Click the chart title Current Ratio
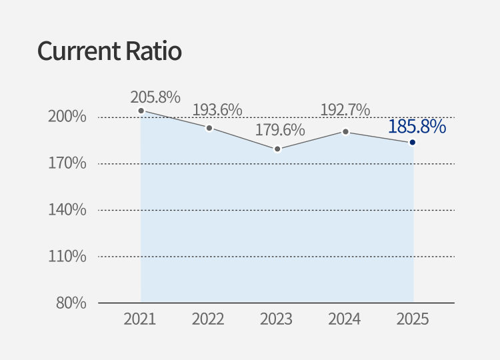109,51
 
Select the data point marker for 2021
141,111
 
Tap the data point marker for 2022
209,128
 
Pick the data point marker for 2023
277,149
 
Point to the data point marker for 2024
345,131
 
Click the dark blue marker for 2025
413,142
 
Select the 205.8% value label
155,97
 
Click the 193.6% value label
217,110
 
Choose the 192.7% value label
345,110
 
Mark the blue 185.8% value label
417,126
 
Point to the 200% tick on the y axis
68,117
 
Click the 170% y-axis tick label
68,163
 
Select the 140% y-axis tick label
68,210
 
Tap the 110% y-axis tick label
68,256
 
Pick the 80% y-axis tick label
71,303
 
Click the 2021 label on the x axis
140,319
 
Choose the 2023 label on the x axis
277,319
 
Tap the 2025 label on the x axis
413,319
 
